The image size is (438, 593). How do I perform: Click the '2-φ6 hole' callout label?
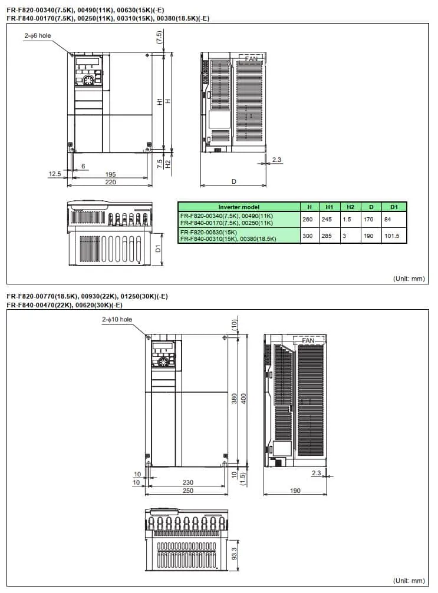pyautogui.click(x=38, y=36)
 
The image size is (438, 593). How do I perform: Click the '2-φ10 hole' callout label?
pyautogui.click(x=117, y=319)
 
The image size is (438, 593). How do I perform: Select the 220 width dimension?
pyautogui.click(x=110, y=183)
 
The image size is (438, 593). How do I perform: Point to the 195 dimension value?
pyautogui.click(x=110, y=174)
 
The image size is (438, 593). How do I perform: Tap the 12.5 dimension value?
pyautogui.click(x=55, y=174)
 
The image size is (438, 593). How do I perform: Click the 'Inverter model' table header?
pyautogui.click(x=238, y=207)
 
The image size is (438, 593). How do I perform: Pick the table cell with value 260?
pyautogui.click(x=307, y=220)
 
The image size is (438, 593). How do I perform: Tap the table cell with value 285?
pyautogui.click(x=330, y=236)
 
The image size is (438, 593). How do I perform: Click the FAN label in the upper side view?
pyautogui.click(x=251, y=59)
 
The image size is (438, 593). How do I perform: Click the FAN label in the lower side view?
pyautogui.click(x=308, y=341)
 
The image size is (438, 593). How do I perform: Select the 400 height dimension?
pyautogui.click(x=243, y=399)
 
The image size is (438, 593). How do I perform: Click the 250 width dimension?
pyautogui.click(x=187, y=491)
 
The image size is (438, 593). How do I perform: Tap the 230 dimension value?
pyautogui.click(x=187, y=482)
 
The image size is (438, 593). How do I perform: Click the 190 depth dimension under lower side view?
pyautogui.click(x=295, y=491)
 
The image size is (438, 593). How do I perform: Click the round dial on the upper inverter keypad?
pyautogui.click(x=88, y=81)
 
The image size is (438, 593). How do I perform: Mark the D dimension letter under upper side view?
pyautogui.click(x=233, y=182)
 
